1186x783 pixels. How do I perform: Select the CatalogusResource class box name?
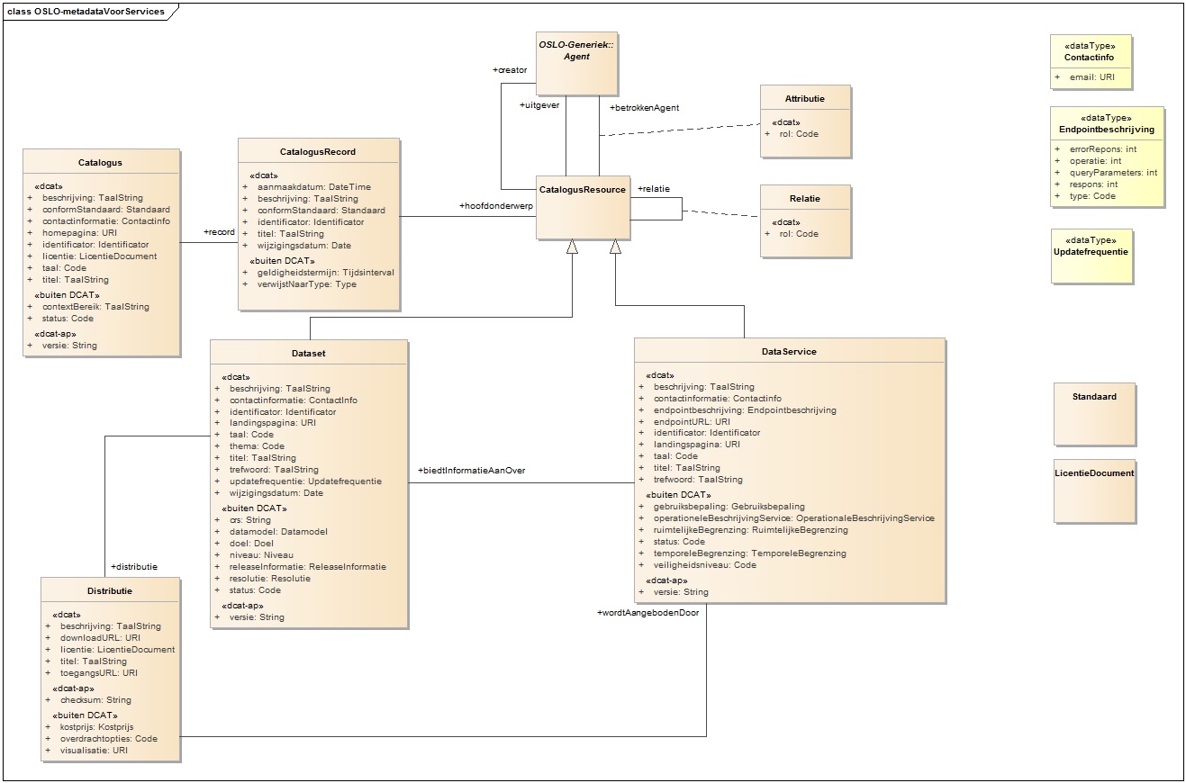coord(582,190)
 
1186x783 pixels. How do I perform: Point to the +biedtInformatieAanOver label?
coord(471,471)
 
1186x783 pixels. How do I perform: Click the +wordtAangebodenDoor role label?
coord(647,613)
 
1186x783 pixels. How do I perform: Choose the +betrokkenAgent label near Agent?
coord(644,108)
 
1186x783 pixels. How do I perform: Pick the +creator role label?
coord(510,69)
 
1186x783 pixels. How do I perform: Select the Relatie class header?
coord(804,198)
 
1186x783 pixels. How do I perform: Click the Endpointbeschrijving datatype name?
coord(1107,130)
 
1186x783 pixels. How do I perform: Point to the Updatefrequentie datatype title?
coord(1091,252)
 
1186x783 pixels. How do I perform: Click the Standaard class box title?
coord(1094,396)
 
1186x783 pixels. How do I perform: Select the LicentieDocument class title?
coord(1094,472)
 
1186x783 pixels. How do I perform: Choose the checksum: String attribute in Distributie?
coord(95,699)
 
